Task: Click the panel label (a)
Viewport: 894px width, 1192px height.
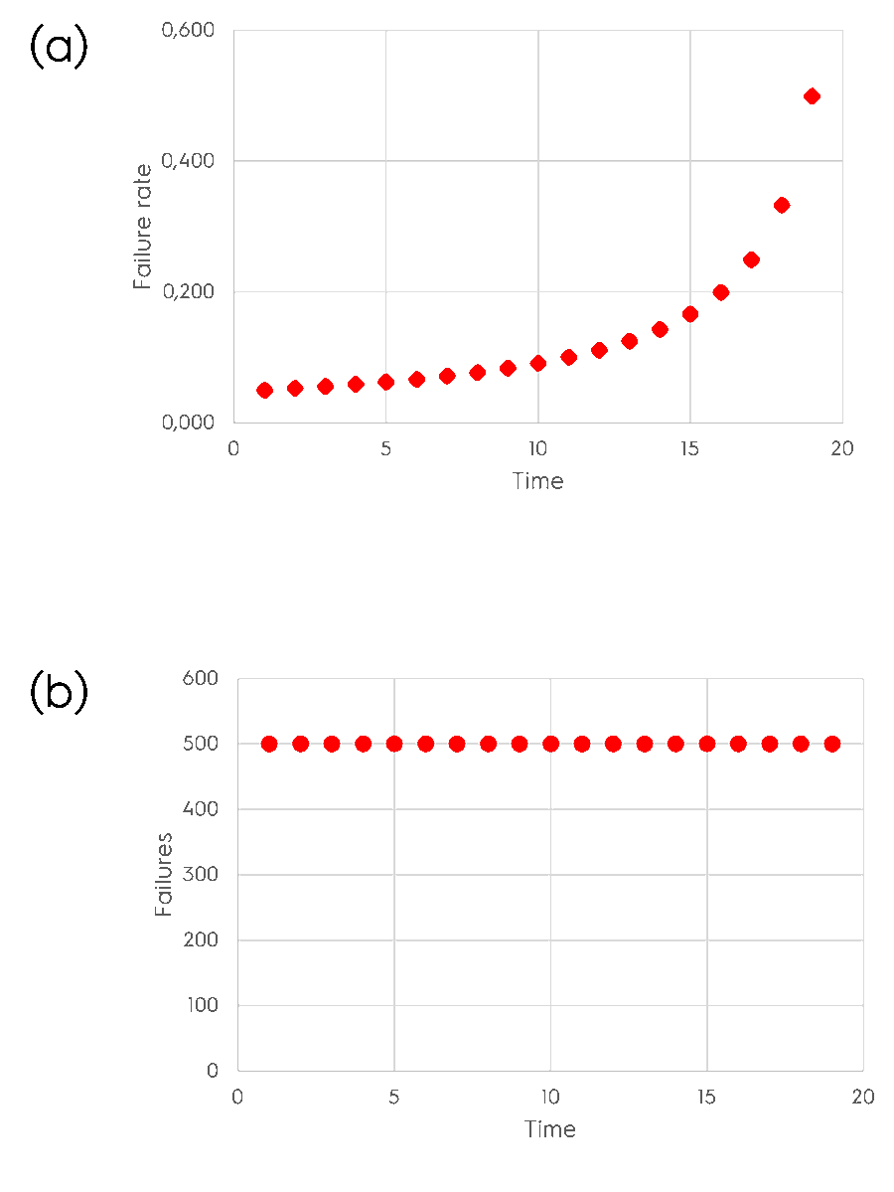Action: click(x=59, y=48)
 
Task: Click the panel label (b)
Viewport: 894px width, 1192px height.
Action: click(x=59, y=692)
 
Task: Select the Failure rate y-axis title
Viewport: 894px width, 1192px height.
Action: click(x=144, y=227)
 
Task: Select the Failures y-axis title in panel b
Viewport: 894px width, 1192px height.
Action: click(x=165, y=875)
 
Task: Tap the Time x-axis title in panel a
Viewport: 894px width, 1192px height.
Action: click(x=537, y=482)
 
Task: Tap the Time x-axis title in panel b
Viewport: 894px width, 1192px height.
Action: click(x=549, y=1129)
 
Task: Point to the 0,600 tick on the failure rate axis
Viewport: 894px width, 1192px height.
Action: click(x=188, y=30)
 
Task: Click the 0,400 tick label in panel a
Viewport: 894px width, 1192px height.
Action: click(x=188, y=161)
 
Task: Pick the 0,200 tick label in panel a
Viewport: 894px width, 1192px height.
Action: click(x=188, y=292)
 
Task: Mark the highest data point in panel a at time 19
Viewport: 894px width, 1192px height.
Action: click(x=812, y=96)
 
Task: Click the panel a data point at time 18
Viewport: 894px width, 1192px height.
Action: click(x=782, y=205)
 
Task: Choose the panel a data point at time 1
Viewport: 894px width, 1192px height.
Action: click(x=264, y=390)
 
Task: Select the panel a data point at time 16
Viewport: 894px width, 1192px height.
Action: click(x=720, y=292)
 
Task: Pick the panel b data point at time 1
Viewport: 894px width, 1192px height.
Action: click(x=269, y=744)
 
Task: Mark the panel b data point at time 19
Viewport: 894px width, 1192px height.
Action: click(x=832, y=744)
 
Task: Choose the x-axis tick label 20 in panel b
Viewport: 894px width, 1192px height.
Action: click(x=862, y=1097)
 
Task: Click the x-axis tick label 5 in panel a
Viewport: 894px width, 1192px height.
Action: click(x=385, y=448)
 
